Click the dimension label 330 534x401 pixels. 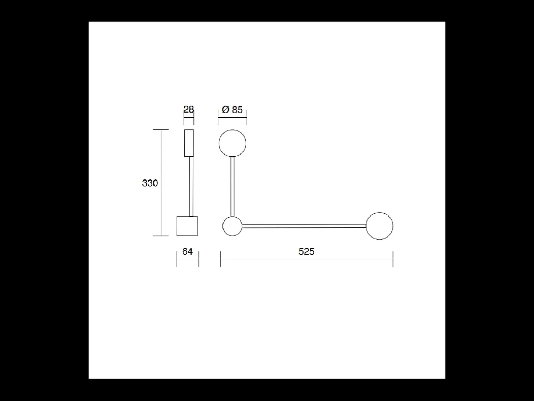coord(150,183)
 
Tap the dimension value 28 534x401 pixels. coord(189,109)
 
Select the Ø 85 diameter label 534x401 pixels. coord(232,110)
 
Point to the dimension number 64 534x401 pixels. coord(187,251)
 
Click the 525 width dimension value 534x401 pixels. coord(307,251)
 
